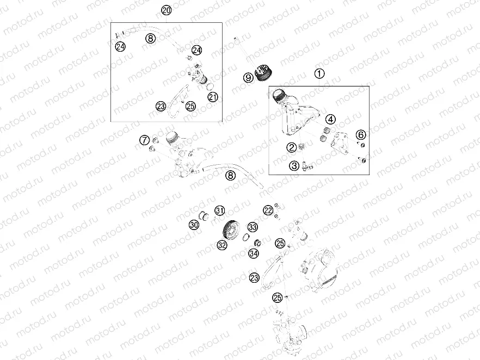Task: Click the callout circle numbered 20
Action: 167,10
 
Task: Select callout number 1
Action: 319,73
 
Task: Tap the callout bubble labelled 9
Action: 248,78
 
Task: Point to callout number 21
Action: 212,97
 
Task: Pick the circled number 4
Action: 330,119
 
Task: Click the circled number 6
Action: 361,134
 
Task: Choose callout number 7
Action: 144,140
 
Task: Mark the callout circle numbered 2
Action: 292,147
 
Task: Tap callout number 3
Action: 294,166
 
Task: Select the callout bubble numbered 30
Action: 194,225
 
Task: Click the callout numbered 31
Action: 219,210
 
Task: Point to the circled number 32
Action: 222,245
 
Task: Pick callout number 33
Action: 253,227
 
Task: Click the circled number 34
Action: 253,253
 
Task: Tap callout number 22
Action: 268,210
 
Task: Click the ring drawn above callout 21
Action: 208,84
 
